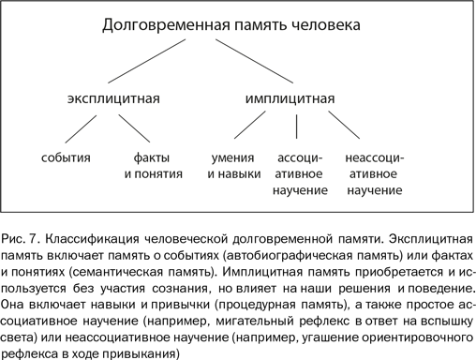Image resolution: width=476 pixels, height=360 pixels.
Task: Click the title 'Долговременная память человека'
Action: point(230,27)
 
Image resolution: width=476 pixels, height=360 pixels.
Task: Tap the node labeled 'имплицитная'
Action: point(290,97)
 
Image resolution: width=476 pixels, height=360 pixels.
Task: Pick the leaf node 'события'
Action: point(66,157)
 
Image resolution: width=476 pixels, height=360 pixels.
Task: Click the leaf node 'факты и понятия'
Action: point(145,165)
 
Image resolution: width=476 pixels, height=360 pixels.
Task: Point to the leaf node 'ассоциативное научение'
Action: point(301,173)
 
